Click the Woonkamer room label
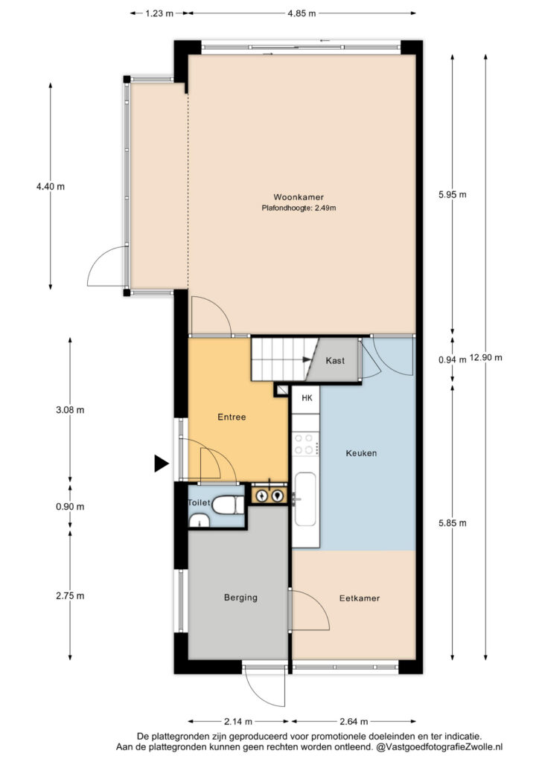[299, 196]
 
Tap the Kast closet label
[335, 361]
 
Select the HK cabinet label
[307, 398]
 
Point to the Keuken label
[361, 453]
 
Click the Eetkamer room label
[359, 598]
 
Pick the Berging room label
[240, 598]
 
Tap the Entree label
[232, 417]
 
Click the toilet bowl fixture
[228, 505]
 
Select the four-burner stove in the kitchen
[306, 444]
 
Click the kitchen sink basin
[306, 499]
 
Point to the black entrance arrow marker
[161, 463]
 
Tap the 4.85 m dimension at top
[302, 13]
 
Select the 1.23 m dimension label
[159, 13]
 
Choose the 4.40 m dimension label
[51, 186]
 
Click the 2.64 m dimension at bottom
[354, 721]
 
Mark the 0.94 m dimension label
[452, 359]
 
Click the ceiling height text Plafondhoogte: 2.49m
[299, 208]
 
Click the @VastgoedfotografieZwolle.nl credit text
[440, 747]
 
